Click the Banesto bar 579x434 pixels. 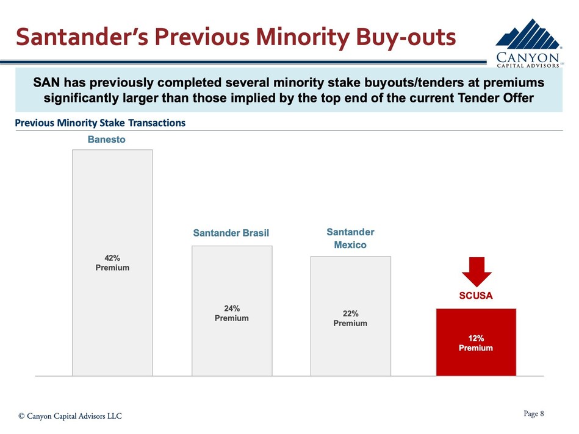[112, 201]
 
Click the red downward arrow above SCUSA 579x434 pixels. [476, 271]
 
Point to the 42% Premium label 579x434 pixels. [112, 263]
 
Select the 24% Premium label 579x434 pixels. [232, 313]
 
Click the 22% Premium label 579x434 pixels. [350, 318]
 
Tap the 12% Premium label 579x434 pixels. [476, 343]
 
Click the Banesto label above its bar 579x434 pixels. [107, 140]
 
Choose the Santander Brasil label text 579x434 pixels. [231, 233]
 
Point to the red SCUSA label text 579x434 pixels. [476, 296]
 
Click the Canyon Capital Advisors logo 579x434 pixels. [529, 43]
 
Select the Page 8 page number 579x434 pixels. [533, 414]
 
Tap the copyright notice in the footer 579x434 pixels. [70, 416]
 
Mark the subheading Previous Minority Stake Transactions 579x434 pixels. [100, 123]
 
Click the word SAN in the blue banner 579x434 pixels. [46, 82]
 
